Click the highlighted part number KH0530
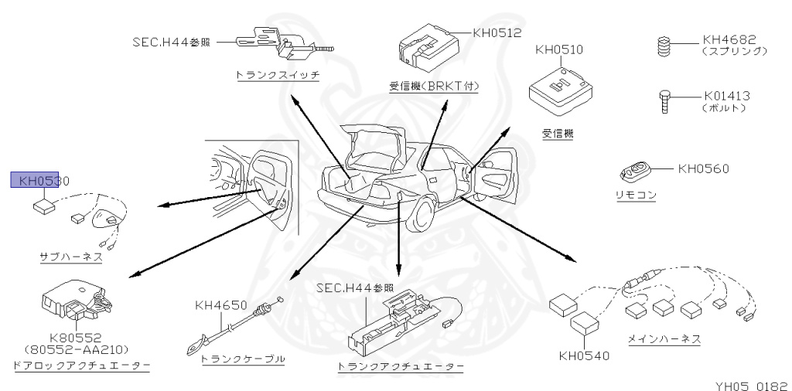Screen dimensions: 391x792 [39, 181]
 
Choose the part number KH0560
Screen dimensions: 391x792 [703, 168]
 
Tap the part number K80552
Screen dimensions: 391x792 [75, 337]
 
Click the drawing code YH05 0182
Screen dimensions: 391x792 [749, 382]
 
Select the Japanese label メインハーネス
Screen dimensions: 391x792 [664, 338]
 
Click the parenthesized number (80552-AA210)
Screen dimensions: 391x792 [75, 349]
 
